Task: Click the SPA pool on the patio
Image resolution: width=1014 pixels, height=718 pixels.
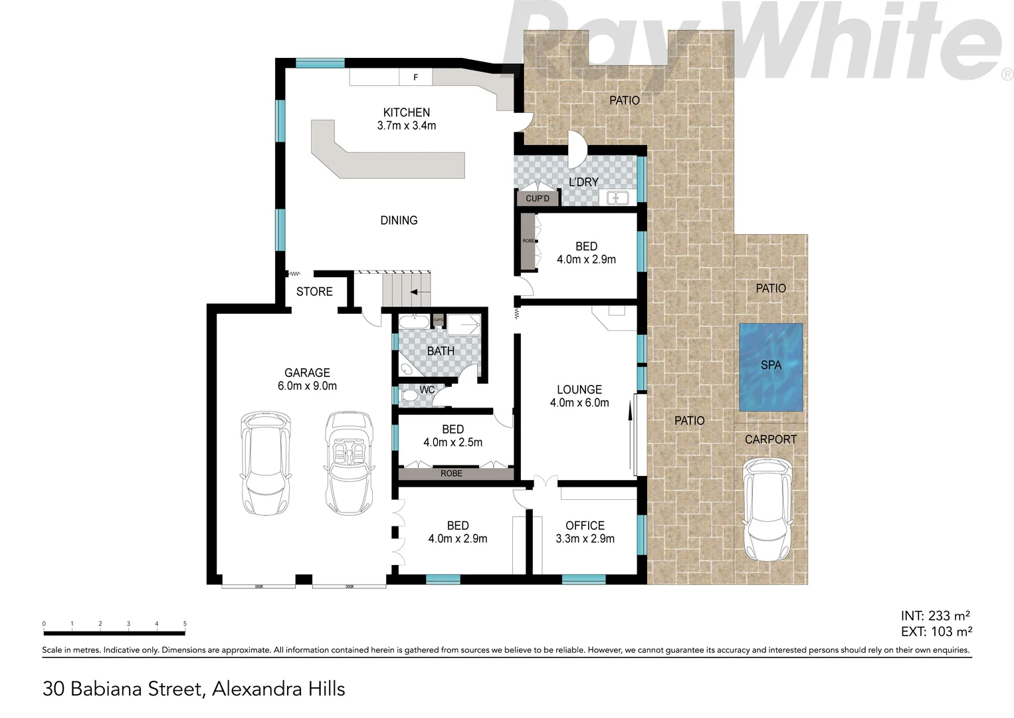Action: point(771,367)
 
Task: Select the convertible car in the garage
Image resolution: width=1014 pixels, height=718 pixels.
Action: point(349,462)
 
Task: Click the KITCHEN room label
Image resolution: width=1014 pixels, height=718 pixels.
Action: point(406,112)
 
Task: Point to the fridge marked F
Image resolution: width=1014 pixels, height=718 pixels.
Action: point(415,77)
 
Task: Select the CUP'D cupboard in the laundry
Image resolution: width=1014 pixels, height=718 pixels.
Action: point(538,198)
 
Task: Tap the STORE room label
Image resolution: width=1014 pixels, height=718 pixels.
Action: point(314,291)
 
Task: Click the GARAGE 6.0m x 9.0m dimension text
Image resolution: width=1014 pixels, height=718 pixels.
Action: point(307,386)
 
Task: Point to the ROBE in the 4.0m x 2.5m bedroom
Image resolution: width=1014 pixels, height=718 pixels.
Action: point(451,473)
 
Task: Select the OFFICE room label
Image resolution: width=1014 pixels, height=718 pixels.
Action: point(585,525)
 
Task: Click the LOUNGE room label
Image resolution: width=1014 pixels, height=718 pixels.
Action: point(579,390)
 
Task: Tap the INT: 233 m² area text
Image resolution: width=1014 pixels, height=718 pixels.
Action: point(936,616)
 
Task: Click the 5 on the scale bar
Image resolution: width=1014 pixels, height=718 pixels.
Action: point(185,624)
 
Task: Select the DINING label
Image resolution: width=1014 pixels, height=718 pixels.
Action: point(399,220)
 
